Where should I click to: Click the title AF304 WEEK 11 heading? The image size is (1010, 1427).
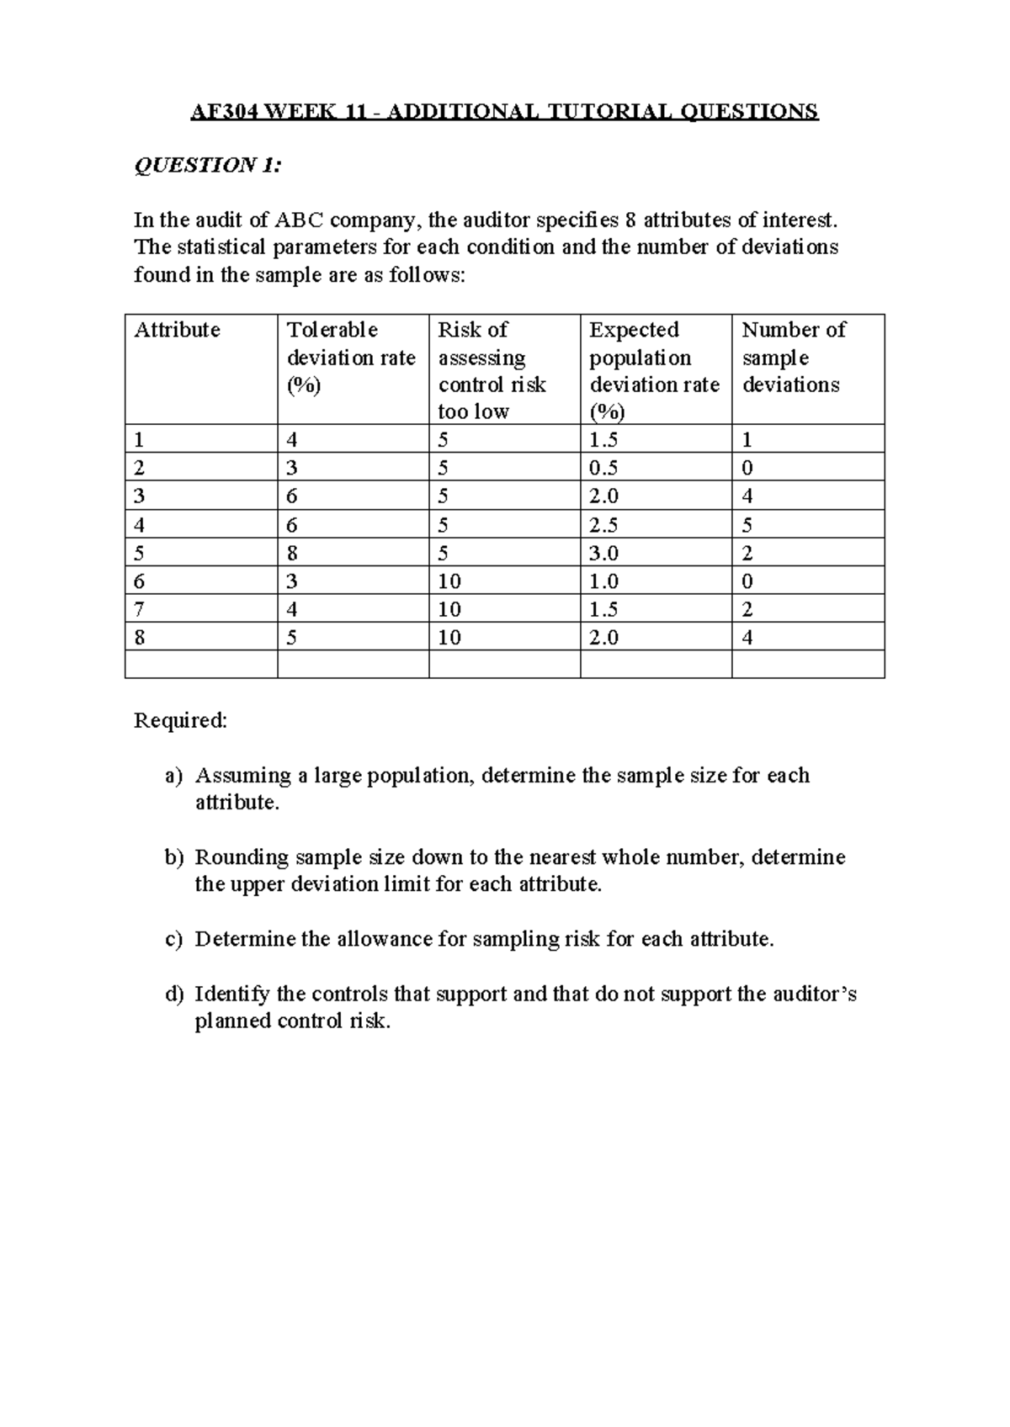(504, 111)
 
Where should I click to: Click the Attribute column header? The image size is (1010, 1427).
(178, 330)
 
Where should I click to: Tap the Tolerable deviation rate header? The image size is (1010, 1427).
(351, 357)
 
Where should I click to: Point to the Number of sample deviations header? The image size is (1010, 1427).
(793, 357)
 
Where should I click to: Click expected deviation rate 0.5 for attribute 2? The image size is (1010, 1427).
(603, 468)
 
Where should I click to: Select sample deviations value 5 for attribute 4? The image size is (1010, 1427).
(747, 525)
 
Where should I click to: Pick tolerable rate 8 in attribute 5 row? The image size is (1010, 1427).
(292, 553)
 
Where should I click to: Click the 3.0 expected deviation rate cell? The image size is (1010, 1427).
(603, 553)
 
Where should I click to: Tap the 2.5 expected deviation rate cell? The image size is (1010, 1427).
(603, 525)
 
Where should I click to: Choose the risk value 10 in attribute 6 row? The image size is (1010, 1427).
(449, 581)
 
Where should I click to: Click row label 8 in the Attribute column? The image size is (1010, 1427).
(140, 638)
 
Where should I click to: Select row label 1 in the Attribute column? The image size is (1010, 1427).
(140, 439)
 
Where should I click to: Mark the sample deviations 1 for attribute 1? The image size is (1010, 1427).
(747, 439)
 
